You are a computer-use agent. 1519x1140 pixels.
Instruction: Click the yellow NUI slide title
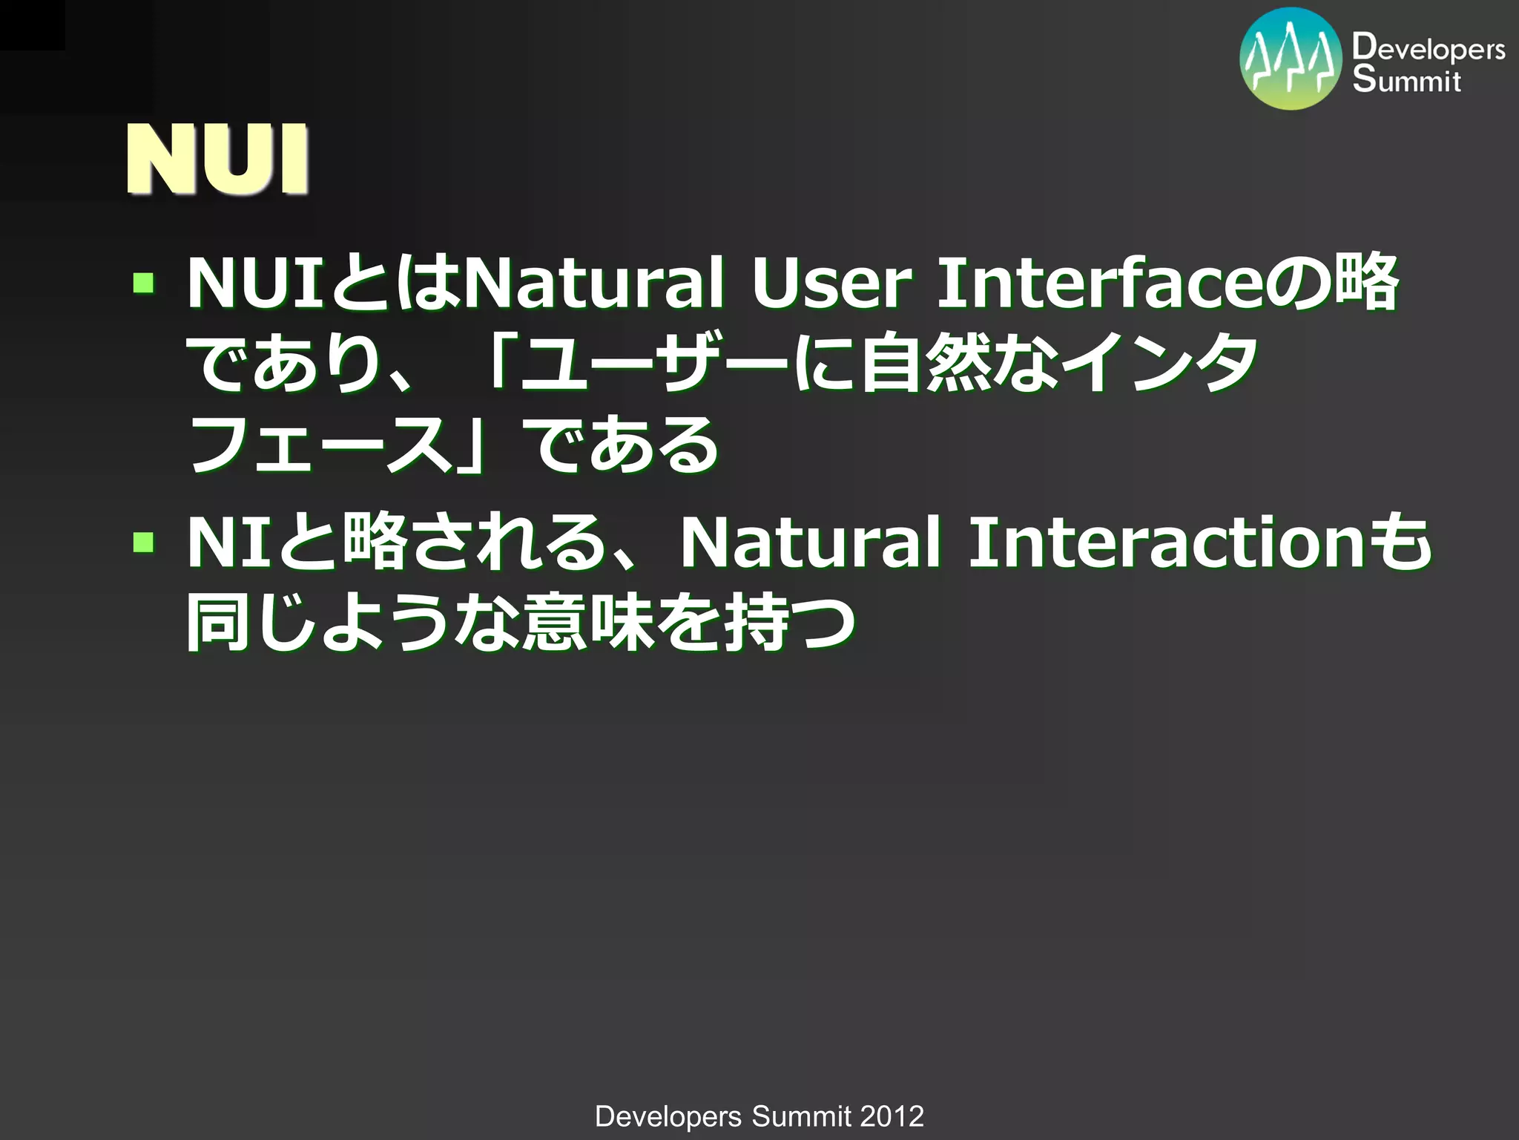(x=217, y=160)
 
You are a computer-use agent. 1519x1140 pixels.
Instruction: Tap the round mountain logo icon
(x=1291, y=59)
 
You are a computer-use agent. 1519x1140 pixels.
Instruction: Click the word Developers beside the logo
(x=1429, y=49)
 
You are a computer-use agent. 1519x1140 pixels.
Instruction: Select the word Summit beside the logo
(x=1406, y=80)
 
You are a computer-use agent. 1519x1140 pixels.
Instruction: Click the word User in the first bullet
(x=831, y=284)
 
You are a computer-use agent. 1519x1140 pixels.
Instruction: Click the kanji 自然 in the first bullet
(x=926, y=363)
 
